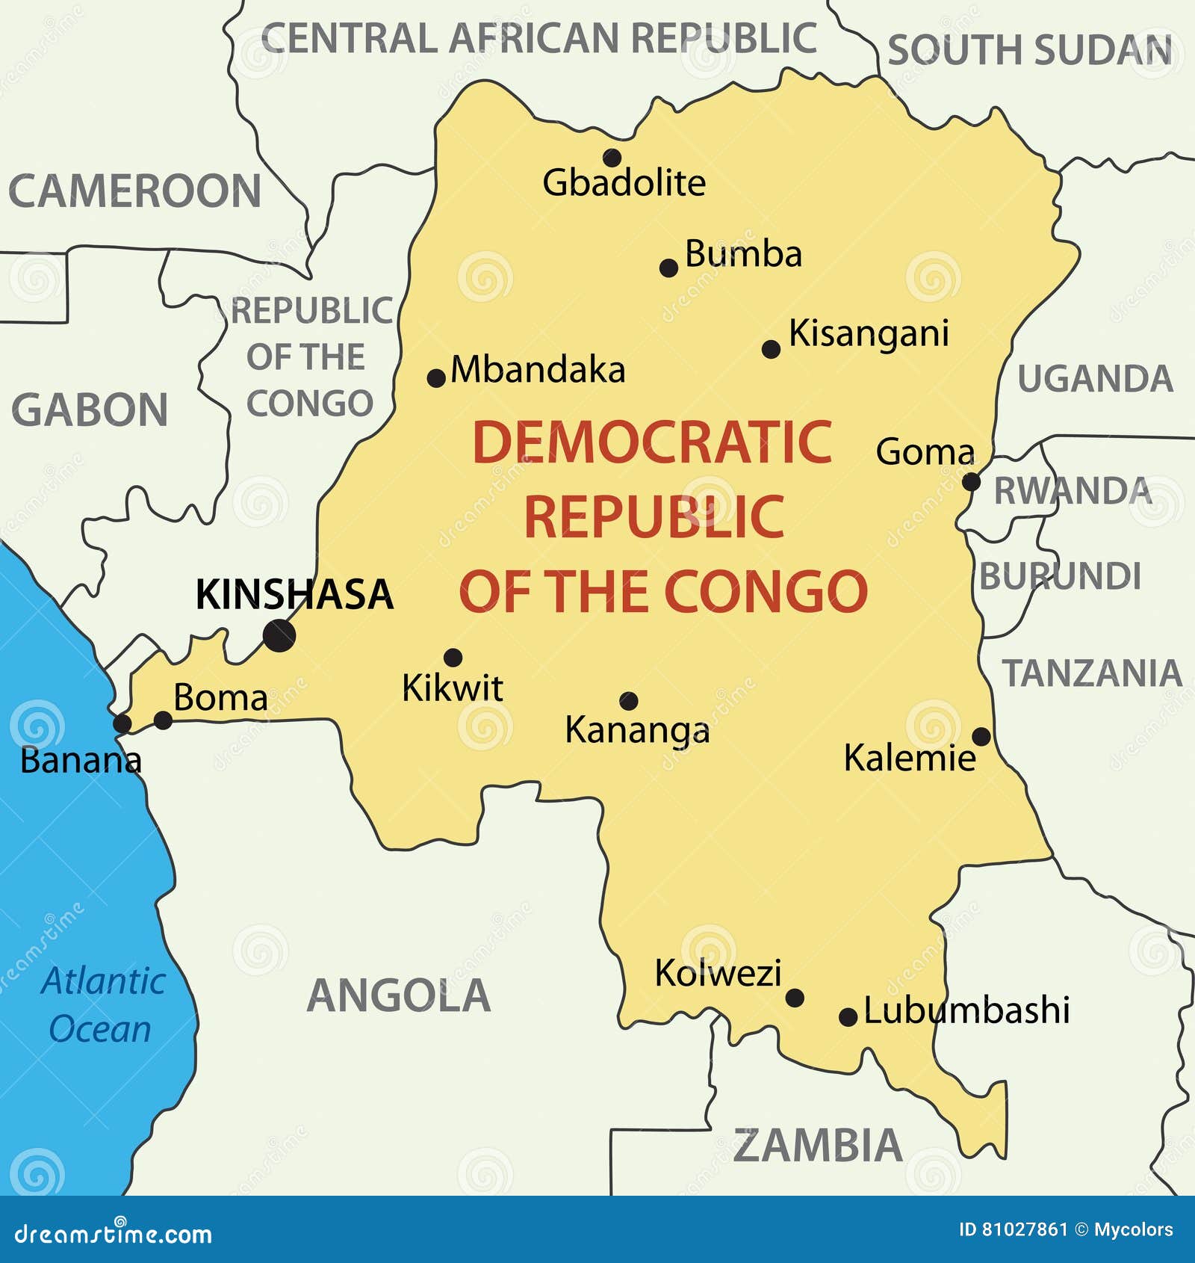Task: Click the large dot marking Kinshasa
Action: point(279,635)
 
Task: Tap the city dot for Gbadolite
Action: point(612,158)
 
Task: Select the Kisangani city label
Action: point(869,333)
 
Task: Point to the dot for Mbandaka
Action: point(436,378)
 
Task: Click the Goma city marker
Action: point(970,482)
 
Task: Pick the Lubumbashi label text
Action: point(966,1010)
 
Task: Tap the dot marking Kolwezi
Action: point(795,998)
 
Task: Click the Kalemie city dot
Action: point(981,737)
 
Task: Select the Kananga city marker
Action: point(629,701)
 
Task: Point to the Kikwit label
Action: point(453,688)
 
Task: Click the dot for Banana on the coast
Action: point(122,723)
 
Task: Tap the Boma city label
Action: point(220,698)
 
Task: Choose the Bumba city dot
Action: point(668,268)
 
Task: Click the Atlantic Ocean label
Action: point(102,1004)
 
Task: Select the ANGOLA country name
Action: point(399,995)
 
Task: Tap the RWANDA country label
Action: point(1073,491)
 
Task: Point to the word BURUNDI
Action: point(1061,576)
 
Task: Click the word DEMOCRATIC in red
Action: point(652,442)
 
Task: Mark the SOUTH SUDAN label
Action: point(1029,50)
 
